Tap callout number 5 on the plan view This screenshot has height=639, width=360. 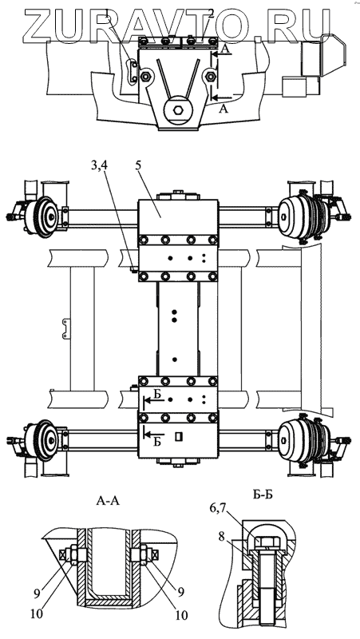[139, 165]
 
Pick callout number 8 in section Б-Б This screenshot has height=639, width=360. [222, 536]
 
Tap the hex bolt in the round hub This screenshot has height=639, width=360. [178, 109]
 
